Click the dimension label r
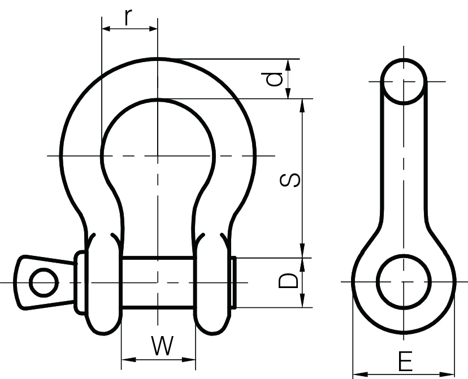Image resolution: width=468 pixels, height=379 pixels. pos(129,17)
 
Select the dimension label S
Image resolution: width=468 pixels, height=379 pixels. pos(290,180)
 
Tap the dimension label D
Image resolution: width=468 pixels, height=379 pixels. pos(289,281)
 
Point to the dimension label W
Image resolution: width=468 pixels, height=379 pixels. pos(162,345)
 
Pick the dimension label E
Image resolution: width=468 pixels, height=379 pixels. pos(405,361)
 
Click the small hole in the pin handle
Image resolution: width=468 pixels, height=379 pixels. pos(43,282)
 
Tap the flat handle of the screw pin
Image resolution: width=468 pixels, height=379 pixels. pos(40,282)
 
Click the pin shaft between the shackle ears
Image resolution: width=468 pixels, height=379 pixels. pos(158,282)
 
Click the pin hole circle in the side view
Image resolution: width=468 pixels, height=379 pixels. pos(404,281)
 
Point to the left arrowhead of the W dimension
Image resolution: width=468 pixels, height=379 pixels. pos(125,359)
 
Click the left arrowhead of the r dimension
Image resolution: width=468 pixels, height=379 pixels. pos(106,28)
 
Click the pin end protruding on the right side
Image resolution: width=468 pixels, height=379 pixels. pos(233,282)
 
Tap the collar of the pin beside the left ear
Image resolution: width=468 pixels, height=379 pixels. pos(80,282)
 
